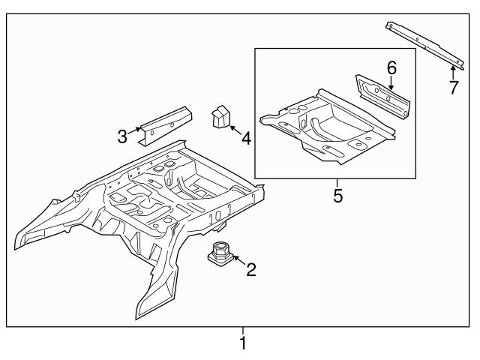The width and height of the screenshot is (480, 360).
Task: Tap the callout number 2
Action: pyautogui.click(x=251, y=268)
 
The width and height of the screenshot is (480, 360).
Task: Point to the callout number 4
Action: pyautogui.click(x=245, y=138)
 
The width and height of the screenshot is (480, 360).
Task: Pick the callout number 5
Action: pyautogui.click(x=337, y=196)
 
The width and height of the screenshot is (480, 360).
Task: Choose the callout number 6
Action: pyautogui.click(x=391, y=68)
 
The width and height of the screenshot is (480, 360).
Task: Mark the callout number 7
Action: pyautogui.click(x=452, y=88)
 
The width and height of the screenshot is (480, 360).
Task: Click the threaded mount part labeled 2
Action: pyautogui.click(x=221, y=253)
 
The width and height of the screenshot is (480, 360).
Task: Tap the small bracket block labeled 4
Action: pyautogui.click(x=221, y=117)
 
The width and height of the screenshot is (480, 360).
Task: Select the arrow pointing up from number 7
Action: pyautogui.click(x=451, y=71)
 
